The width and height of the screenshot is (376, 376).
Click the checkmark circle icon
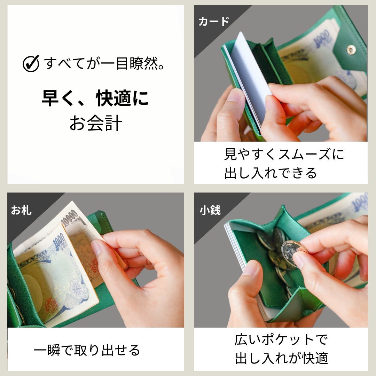pos(31,64)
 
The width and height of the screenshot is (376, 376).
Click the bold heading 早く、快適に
pos(95,98)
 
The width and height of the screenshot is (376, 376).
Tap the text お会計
pos(96,123)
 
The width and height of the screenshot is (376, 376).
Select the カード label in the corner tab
pos(214,21)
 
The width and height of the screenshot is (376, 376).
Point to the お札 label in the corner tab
pos(21,210)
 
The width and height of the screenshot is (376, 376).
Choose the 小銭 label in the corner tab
pos(210,210)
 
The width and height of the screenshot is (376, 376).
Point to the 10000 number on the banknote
pos(70,218)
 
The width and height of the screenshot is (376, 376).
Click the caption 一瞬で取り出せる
pos(87,350)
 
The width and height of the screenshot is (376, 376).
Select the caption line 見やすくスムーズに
pos(284,154)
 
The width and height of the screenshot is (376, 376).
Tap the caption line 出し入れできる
pos(271,173)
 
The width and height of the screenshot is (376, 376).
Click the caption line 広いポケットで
pos(281,339)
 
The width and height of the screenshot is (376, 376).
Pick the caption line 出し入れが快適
pos(281,358)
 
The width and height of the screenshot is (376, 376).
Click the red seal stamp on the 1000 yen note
pos(51,305)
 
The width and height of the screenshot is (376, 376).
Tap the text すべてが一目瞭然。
pos(104,64)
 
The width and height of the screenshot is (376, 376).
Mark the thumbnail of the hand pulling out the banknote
pos(96,260)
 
